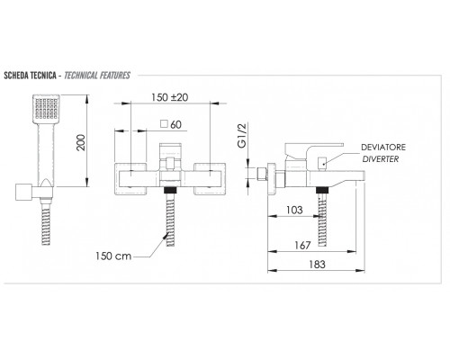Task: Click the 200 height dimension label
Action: pos(81,142)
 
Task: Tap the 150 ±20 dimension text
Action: pos(169,97)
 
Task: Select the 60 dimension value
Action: pos(175,124)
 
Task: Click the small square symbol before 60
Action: pos(164,124)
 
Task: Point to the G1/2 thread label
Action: pos(242,135)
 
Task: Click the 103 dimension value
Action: pos(294,210)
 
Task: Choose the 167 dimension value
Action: pos(302,246)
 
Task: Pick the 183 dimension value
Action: pos(317,265)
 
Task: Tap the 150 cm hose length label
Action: pos(113,256)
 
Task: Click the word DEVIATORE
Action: pos(383,148)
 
